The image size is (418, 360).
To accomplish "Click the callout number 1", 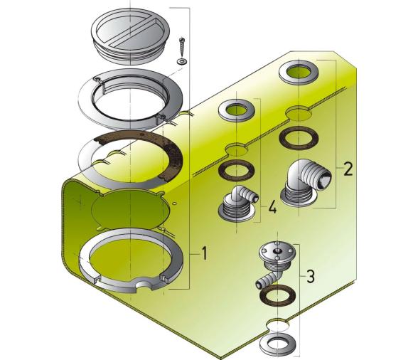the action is [203, 254].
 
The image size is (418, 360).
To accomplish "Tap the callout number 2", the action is [347, 169].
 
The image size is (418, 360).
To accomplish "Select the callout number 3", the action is [311, 277].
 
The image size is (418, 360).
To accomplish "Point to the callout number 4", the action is [272, 207].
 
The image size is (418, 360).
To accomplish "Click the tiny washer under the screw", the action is [182, 62].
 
